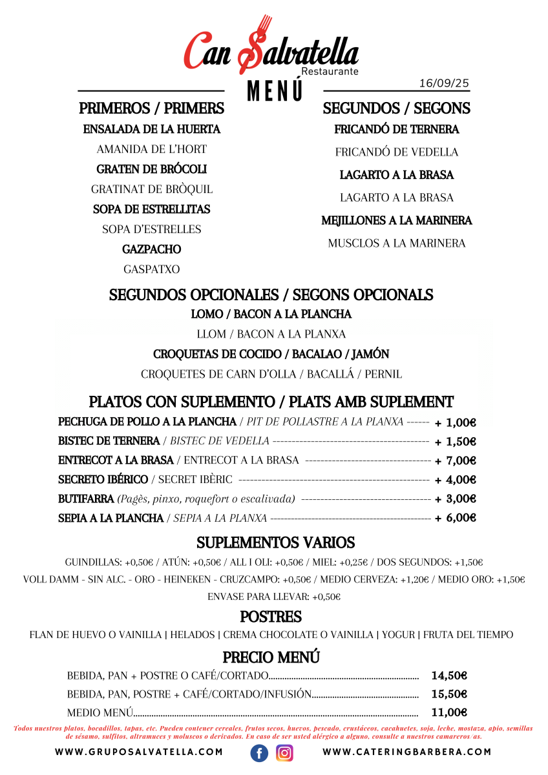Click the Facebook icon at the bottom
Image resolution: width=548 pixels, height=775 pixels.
coord(259,753)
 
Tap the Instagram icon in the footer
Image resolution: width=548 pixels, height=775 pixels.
coord(285,753)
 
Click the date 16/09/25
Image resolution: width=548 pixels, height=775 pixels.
coord(444,83)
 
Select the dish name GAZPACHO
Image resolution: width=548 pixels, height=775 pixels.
coord(152,249)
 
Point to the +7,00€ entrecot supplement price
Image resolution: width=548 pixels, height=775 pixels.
coord(456,460)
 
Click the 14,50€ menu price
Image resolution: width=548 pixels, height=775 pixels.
coord(449,676)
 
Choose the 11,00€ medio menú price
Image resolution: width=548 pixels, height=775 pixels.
coord(449,712)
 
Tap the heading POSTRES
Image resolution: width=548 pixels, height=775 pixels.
coord(271,616)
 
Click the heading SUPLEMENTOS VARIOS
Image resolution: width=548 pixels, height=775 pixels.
coord(276,542)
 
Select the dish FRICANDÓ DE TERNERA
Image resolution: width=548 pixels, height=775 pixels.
coord(397,129)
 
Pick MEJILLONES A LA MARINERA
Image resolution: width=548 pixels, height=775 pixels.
coord(397,220)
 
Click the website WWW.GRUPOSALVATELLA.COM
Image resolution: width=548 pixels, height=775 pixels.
coord(139,752)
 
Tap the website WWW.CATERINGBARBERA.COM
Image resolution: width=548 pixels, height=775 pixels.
coord(407,752)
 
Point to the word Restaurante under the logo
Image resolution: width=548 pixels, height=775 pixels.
coord(330,72)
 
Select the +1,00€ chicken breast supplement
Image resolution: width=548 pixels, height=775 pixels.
coord(456,422)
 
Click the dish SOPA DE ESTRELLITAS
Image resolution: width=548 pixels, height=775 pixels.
coord(152,209)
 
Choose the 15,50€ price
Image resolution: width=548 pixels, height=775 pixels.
coord(449,694)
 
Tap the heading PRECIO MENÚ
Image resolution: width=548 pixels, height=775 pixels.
coord(271,657)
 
